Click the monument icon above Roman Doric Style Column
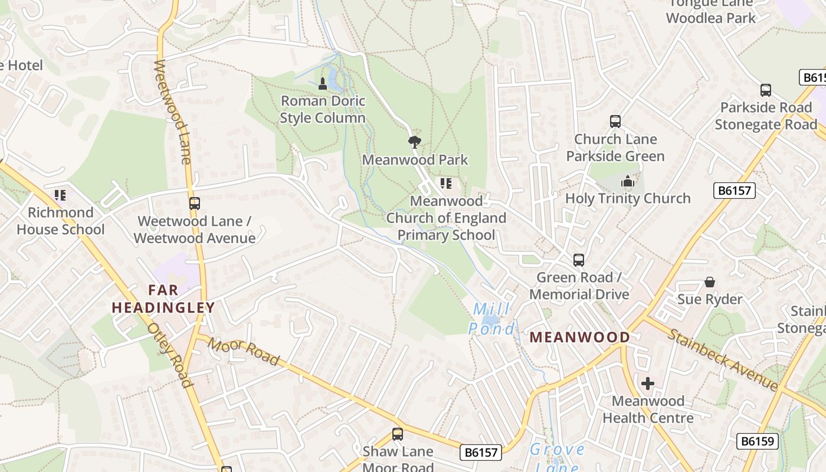point(323,84)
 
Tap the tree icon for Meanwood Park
point(415,142)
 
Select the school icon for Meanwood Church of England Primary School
point(446,183)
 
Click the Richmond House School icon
point(60,195)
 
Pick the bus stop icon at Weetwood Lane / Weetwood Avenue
point(194,204)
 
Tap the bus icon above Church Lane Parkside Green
point(615,122)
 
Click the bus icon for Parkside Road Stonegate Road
point(766,90)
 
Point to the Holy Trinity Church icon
point(628,181)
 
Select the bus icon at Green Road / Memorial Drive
point(579,260)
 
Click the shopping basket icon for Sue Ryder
point(710,283)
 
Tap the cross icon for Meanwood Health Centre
point(648,384)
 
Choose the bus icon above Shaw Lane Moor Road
point(398,434)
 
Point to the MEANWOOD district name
point(579,337)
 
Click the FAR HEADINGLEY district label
point(163,299)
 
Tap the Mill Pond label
point(491,319)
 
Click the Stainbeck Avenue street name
point(723,359)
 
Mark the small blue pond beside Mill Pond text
point(490,320)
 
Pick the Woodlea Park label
point(711,18)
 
